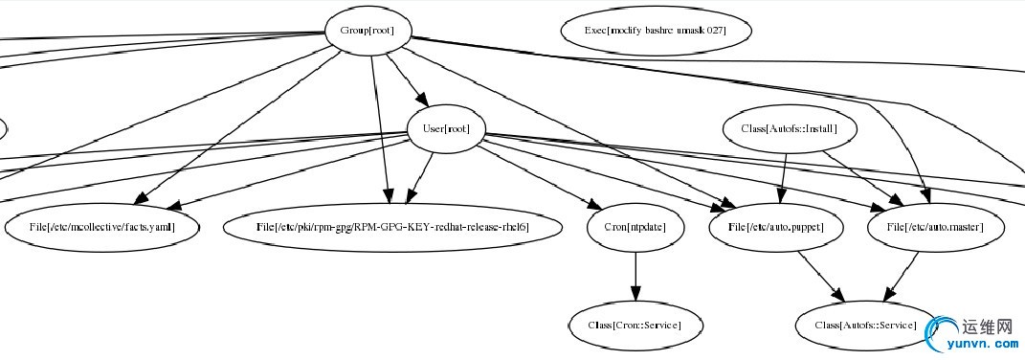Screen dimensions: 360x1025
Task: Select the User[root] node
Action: (x=446, y=129)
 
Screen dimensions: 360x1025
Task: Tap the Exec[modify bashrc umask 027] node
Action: (x=656, y=30)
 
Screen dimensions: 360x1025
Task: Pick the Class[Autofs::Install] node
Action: (x=790, y=128)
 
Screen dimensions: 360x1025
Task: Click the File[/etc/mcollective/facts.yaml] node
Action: (x=103, y=228)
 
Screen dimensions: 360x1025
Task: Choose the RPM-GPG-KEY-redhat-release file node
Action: (x=391, y=228)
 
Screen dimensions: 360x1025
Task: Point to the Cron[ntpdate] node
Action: (x=635, y=228)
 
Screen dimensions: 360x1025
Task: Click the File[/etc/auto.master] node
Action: (x=938, y=228)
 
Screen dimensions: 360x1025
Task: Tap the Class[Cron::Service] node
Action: (x=635, y=326)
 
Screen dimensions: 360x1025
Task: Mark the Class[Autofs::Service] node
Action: (x=864, y=326)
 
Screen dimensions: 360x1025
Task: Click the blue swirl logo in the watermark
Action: (x=945, y=332)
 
